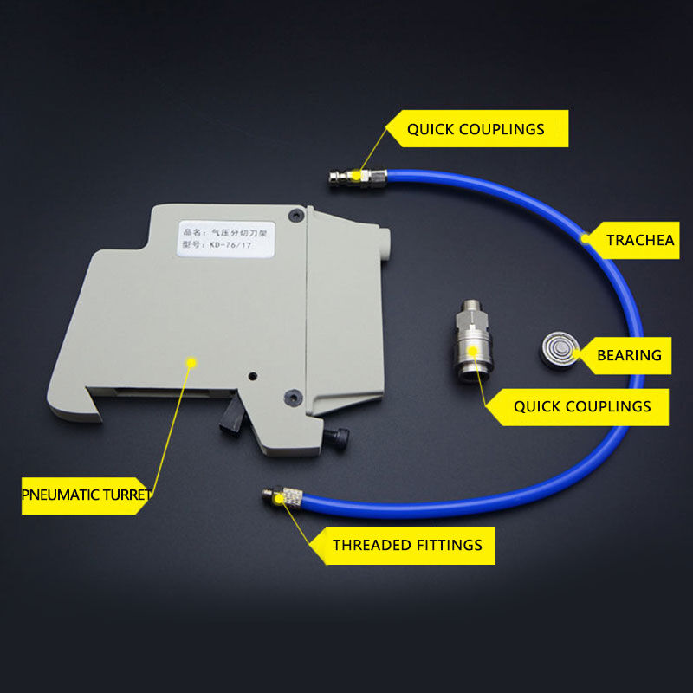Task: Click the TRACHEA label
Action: click(640, 240)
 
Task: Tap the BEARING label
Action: click(629, 355)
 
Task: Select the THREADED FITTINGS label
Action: click(407, 545)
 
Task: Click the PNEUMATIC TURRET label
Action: click(87, 495)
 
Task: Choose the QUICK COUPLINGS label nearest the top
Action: click(476, 129)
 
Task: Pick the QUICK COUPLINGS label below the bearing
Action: click(582, 406)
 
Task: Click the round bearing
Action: click(560, 351)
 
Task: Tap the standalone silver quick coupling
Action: click(473, 341)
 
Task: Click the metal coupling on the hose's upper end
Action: click(358, 178)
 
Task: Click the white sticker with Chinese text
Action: click(226, 239)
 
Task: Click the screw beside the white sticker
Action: click(296, 216)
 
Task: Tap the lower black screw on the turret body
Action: click(293, 397)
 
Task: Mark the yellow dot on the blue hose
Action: click(586, 239)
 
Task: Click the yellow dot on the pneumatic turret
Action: click(191, 363)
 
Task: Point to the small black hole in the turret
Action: click(253, 376)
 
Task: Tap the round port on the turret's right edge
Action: click(385, 244)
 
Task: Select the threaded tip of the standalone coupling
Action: click(471, 306)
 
